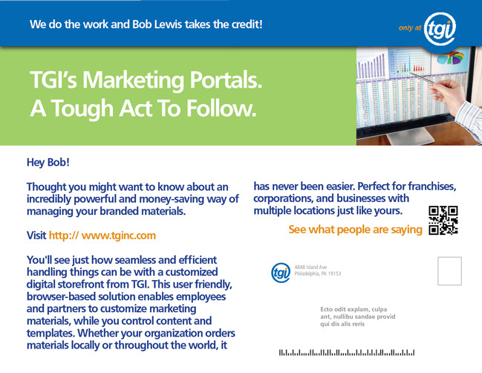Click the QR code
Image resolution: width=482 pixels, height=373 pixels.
coord(443,220)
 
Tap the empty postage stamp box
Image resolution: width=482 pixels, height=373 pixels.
coord(449,271)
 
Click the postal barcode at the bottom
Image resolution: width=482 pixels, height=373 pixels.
coord(346,352)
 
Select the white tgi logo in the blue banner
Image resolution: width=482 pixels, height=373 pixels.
coord(440,29)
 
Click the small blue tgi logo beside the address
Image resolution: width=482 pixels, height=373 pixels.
coord(280,273)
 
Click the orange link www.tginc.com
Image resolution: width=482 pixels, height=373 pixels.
coord(119,236)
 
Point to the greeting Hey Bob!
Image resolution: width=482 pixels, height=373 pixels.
coord(48,163)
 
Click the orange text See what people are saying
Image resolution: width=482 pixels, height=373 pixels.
coord(355,230)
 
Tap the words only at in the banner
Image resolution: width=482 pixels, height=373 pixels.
coord(409,28)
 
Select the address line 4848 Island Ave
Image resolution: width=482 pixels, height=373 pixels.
coord(310,267)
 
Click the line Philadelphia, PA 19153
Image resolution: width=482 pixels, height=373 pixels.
coord(318,273)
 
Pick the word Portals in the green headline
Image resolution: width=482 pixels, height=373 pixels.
coord(225,80)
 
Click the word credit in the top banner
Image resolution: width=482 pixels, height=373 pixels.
coord(247,25)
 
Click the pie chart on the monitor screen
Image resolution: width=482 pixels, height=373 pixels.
coord(451,57)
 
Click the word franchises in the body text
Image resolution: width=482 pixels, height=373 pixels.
coord(431,186)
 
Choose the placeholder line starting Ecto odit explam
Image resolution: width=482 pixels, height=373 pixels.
coord(354,309)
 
